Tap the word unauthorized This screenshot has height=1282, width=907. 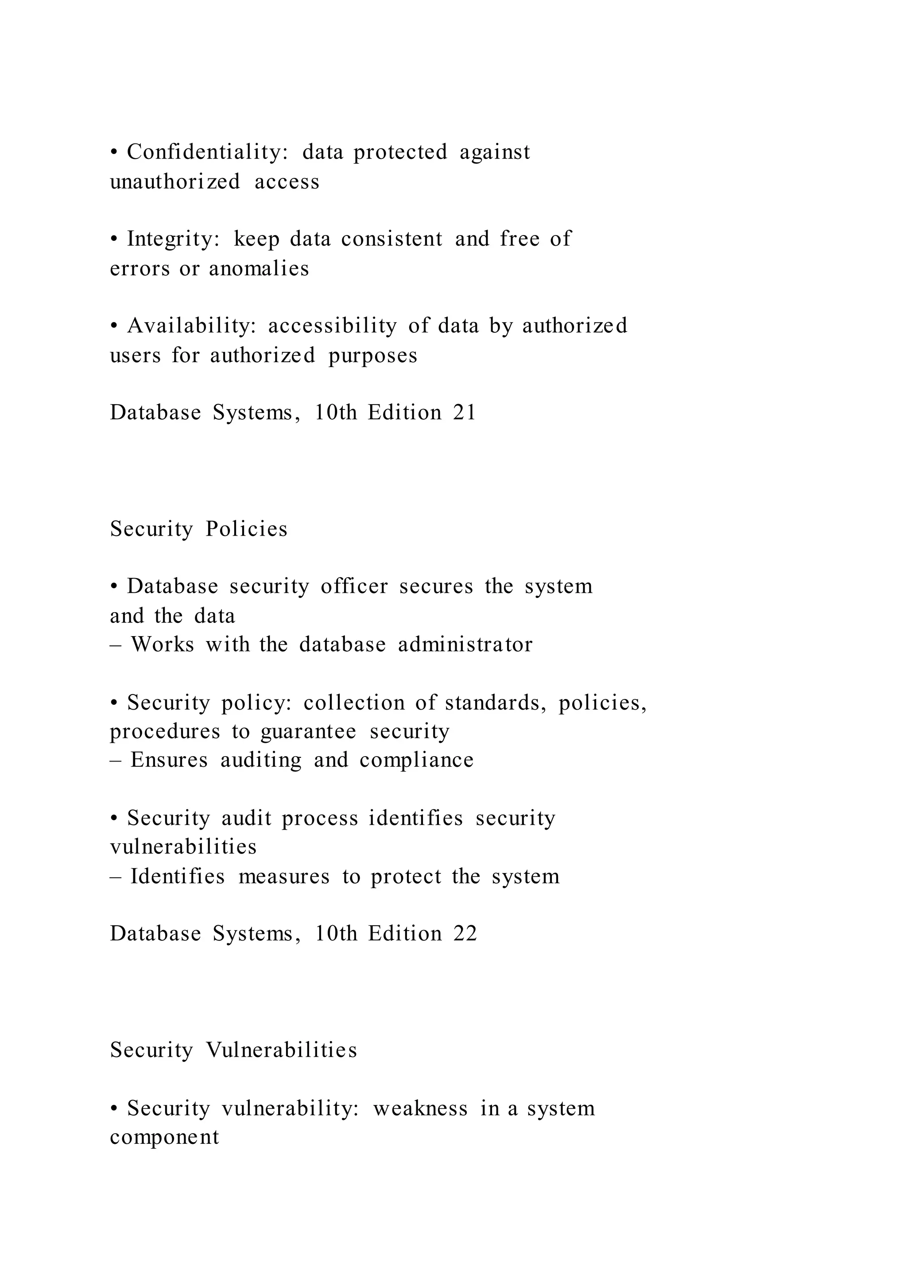click(x=175, y=182)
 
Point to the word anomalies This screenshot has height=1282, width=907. click(x=259, y=269)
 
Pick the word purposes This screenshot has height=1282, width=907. click(x=372, y=355)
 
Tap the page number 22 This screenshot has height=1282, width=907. click(x=465, y=934)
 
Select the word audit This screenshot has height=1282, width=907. click(x=246, y=819)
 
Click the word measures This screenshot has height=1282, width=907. click(x=284, y=877)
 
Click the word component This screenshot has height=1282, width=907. click(x=164, y=1137)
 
